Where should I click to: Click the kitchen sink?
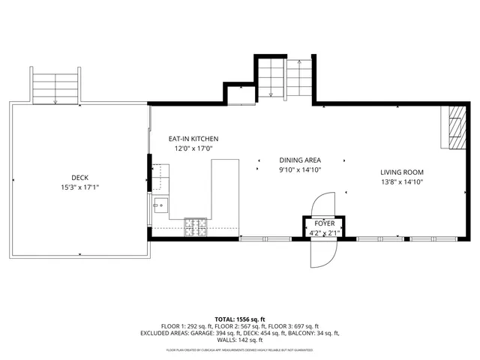pos(160,203)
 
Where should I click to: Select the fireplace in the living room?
pos(454,127)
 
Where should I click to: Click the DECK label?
pos(80,178)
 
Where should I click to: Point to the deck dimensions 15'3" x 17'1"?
pos(80,187)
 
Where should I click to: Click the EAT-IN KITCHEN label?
pos(193,139)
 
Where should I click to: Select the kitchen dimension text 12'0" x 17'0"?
pos(193,148)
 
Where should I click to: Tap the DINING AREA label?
pos(300,160)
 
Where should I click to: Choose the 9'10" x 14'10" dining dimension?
pos(300,170)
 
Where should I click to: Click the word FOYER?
pos(325,223)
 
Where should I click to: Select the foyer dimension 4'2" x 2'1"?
pos(325,232)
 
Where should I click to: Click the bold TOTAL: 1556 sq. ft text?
pos(240,319)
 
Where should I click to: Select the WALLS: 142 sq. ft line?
pos(240,340)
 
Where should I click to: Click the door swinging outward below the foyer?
pos(323,252)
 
